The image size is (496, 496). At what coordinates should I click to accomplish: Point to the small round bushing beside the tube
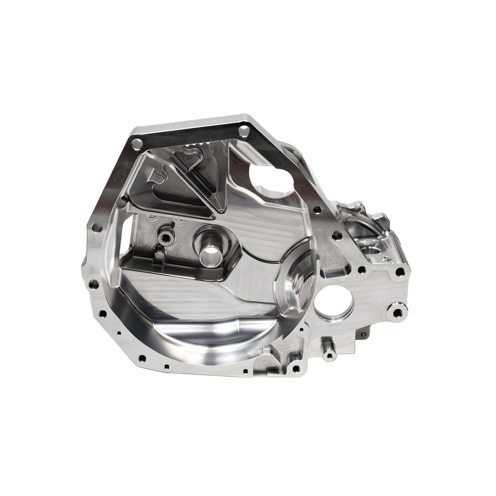pyautogui.click(x=165, y=238)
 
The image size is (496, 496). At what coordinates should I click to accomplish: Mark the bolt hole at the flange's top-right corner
pyautogui.click(x=243, y=130)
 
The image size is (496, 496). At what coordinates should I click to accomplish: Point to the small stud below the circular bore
pyautogui.click(x=330, y=354)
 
